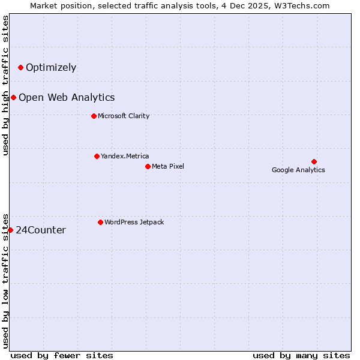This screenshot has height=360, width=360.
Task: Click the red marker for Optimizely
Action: (20, 67)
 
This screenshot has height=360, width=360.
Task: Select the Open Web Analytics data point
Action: (13, 97)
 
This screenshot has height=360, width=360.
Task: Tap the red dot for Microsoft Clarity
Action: (94, 116)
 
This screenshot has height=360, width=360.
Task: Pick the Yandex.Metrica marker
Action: (97, 156)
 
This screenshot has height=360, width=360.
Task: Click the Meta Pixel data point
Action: (148, 166)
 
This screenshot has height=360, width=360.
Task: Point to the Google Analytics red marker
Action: (314, 161)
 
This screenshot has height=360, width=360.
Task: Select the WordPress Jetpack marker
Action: (100, 222)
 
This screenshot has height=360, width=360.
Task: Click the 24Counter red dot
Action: (10, 230)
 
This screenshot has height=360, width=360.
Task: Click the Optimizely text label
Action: (51, 67)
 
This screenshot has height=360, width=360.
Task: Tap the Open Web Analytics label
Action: (67, 97)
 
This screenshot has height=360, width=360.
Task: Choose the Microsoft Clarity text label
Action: (124, 116)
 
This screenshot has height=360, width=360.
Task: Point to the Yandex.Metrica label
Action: (125, 156)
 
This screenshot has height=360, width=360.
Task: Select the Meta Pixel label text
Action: (168, 166)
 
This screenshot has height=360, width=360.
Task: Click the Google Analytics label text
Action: (298, 170)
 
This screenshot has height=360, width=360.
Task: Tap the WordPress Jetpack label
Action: (134, 222)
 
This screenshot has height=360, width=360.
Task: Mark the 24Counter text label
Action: (41, 230)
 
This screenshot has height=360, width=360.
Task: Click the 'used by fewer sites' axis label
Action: (62, 355)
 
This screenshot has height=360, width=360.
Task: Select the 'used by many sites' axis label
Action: (301, 355)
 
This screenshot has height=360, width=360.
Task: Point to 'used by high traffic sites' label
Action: (6, 85)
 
